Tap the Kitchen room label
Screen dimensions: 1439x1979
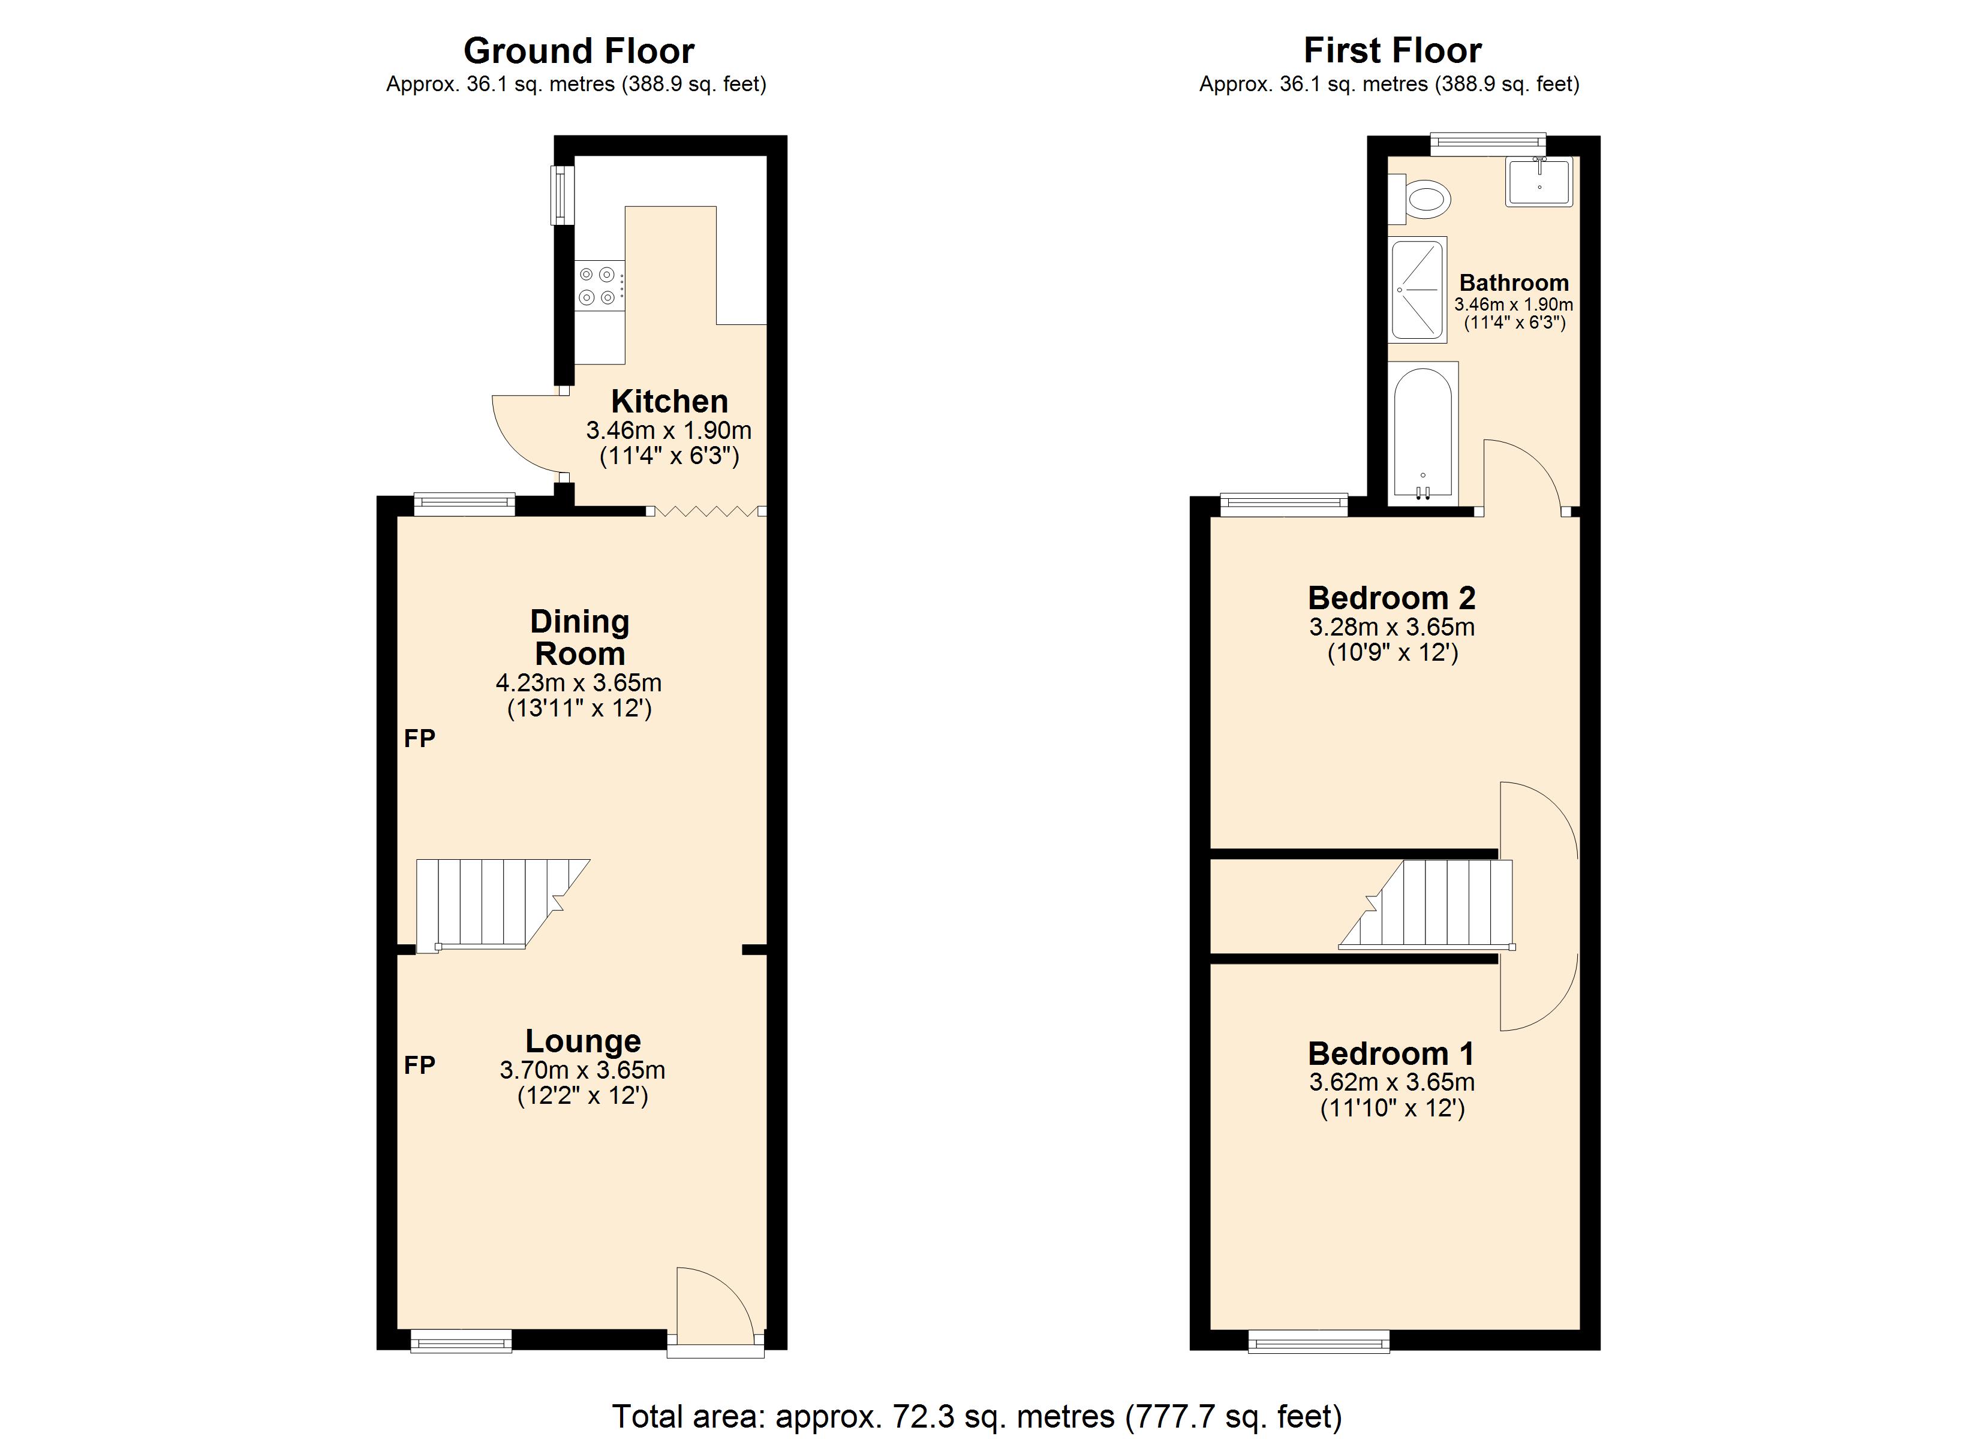669,401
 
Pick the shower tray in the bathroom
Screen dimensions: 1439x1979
1418,289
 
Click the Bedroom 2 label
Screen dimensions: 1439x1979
1392,598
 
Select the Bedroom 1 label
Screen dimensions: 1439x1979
1392,1054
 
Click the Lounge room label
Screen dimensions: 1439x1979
583,1041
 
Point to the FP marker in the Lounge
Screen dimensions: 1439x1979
420,1065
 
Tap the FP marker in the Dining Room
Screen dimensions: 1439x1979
420,739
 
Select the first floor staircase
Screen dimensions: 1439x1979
1431,904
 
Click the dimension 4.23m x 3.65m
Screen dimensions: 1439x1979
579,682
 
